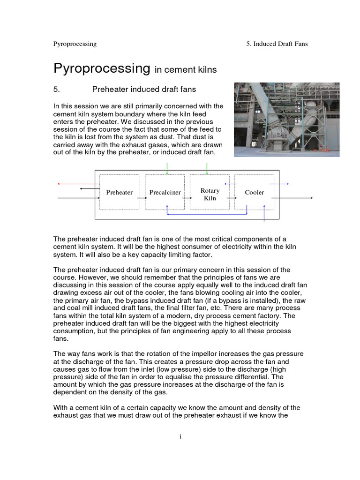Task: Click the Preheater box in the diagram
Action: point(119,192)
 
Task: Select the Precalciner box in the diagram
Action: point(165,192)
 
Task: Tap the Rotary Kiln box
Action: point(210,192)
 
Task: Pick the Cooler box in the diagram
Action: point(254,192)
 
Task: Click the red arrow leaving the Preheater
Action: point(78,184)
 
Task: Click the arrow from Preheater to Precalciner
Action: point(142,198)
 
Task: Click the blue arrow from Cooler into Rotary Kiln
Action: point(230,184)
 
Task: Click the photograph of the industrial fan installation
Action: point(286,120)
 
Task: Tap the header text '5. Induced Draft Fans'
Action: point(277,44)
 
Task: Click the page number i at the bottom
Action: point(180,436)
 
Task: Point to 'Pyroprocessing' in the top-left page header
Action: point(75,44)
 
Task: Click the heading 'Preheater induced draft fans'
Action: point(144,89)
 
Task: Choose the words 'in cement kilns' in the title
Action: point(186,70)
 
